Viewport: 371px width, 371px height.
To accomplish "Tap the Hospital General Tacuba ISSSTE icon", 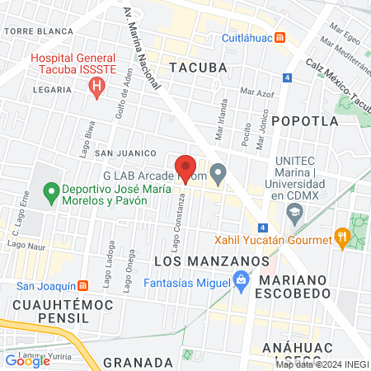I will click(x=97, y=85).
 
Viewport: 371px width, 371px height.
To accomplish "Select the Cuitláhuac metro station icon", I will click(x=280, y=38).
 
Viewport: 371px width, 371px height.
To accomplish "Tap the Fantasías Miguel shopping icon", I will click(x=241, y=282).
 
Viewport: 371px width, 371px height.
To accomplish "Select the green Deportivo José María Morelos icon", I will click(x=51, y=194).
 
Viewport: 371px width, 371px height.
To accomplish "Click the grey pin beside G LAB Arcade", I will click(x=218, y=175).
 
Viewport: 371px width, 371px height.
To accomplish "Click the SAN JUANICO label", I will click(x=125, y=153).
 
